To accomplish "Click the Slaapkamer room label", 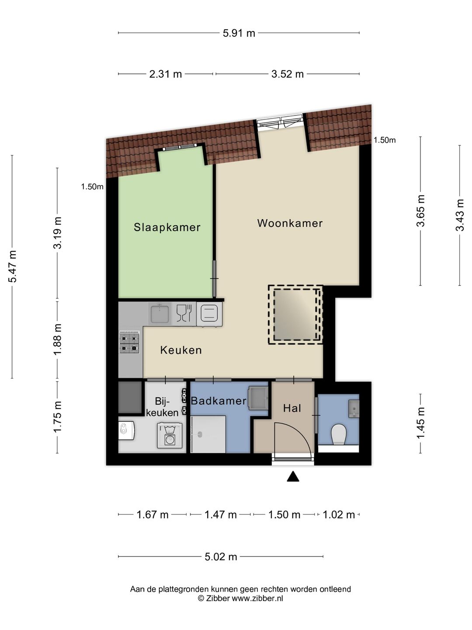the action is pos(167,227).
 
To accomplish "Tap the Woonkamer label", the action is pos(290,223).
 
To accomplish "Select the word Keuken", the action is pos(181,350).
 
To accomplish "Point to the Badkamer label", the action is pos(219,401).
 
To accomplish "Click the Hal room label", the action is pos(292,408).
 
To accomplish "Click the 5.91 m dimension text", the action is pos(239,33).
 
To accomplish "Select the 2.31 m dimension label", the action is pos(165,74).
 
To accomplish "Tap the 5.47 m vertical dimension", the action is pos(12,266).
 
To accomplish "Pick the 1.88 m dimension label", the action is pos(58,339).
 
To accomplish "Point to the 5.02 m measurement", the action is pos(221,557).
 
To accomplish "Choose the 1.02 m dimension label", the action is pos(339,514).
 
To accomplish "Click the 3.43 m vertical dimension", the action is pos(460,215).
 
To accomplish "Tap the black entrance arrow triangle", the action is pos(293,476).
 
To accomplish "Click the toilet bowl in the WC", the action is pos(338,434).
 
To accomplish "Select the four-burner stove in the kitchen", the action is pos(129,343).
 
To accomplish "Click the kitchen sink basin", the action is pos(160,313).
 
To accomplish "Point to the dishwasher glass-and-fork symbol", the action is pos(184,313).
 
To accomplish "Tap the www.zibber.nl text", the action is pos(257,598).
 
